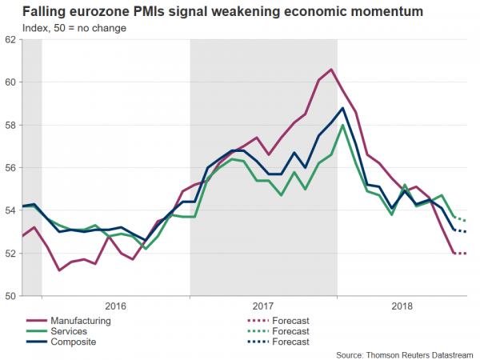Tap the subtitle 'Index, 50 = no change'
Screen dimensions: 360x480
pyautogui.click(x=73, y=28)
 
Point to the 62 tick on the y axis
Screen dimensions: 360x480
pyautogui.click(x=10, y=39)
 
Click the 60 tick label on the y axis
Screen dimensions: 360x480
pyautogui.click(x=10, y=82)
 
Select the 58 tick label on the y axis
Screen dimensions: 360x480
pyautogui.click(x=10, y=125)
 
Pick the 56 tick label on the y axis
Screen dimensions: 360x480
pyautogui.click(x=10, y=168)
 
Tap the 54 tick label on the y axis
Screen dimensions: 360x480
pyautogui.click(x=10, y=210)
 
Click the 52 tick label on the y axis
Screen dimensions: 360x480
pyautogui.click(x=10, y=254)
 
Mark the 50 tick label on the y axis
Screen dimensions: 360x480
pyautogui.click(x=10, y=296)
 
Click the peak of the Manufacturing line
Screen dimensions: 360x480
pyautogui.click(x=331, y=70)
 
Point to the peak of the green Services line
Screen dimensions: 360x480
pyautogui.click(x=342, y=125)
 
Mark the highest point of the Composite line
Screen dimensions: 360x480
pyautogui.click(x=342, y=108)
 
